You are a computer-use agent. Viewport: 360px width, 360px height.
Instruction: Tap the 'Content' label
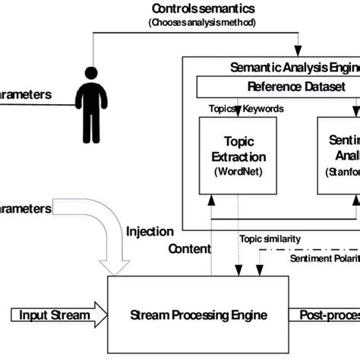click(189, 248)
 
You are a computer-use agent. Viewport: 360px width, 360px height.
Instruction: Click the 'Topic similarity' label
click(270, 238)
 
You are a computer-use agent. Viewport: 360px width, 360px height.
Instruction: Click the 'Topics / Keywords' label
click(246, 109)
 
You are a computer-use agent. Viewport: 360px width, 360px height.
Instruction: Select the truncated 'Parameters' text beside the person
click(26, 95)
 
